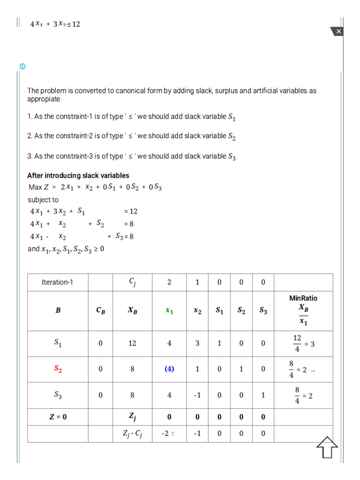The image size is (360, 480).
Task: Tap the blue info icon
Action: click(x=22, y=66)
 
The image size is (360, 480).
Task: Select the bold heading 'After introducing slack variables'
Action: click(x=78, y=176)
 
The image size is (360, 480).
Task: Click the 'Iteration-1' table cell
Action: click(x=58, y=283)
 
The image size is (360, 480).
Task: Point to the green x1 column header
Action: click(x=169, y=311)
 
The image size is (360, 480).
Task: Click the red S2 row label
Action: click(x=58, y=369)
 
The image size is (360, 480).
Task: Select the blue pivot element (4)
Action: click(x=169, y=369)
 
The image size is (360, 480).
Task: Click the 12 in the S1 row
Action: click(x=132, y=344)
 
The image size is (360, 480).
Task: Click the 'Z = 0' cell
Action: click(x=58, y=417)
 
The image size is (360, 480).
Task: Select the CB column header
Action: click(x=100, y=311)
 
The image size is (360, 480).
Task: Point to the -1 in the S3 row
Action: click(x=197, y=395)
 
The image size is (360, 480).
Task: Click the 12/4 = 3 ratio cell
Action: click(x=303, y=344)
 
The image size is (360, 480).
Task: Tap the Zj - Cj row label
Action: click(x=132, y=434)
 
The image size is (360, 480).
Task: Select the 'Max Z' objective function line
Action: click(x=95, y=187)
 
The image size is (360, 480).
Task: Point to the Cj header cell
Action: click(x=132, y=283)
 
